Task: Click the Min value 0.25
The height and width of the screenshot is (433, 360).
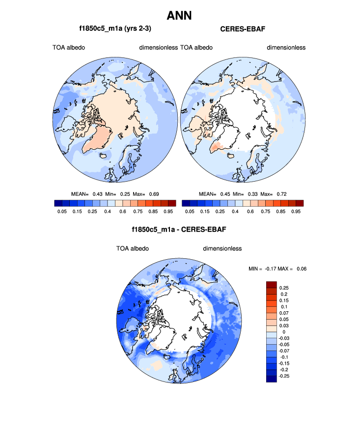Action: pyautogui.click(x=126, y=194)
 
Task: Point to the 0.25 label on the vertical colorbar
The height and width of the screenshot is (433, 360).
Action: pyautogui.click(x=284, y=288)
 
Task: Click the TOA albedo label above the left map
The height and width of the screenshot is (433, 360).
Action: pyautogui.click(x=69, y=48)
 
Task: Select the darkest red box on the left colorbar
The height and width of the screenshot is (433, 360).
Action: pyautogui.click(x=171, y=203)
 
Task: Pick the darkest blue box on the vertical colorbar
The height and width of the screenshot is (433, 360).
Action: pyautogui.click(x=272, y=379)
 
